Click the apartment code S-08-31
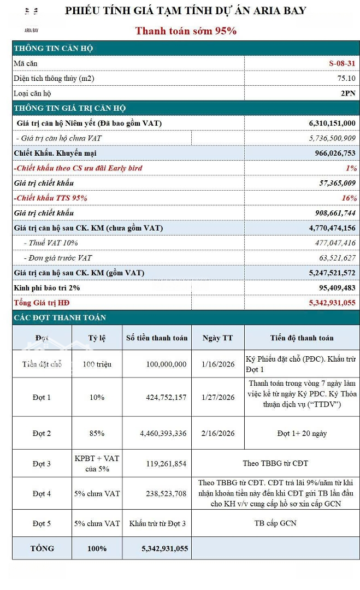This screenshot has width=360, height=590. (343, 63)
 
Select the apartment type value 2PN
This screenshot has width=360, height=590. (348, 93)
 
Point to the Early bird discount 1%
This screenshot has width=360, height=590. (351, 168)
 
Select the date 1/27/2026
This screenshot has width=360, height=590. (218, 397)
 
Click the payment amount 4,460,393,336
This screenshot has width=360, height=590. (164, 433)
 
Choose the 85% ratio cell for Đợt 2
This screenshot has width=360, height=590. (97, 433)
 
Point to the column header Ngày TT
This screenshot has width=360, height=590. (217, 338)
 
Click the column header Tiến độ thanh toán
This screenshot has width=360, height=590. (302, 338)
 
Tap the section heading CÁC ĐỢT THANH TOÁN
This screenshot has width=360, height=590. (60, 317)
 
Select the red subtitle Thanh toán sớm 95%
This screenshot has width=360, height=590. (186, 31)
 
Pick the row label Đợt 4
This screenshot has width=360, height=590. (42, 493)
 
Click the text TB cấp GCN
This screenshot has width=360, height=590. (275, 523)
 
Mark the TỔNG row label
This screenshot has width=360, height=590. (42, 548)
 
